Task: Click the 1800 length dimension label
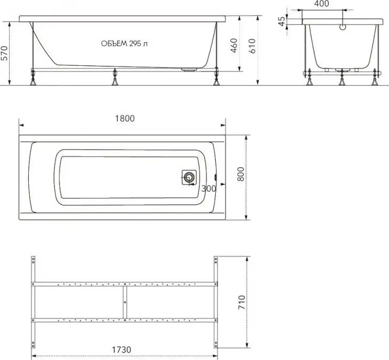tap(125, 118)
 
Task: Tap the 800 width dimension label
tap(240, 174)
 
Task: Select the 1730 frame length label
tap(121, 350)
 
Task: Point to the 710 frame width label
tap(242, 302)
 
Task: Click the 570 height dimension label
tap(4, 53)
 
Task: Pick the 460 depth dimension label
tap(234, 45)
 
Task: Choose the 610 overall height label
tap(252, 46)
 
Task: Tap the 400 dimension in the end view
tap(322, 4)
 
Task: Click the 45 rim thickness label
tap(282, 21)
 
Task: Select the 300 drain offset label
tap(208, 189)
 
